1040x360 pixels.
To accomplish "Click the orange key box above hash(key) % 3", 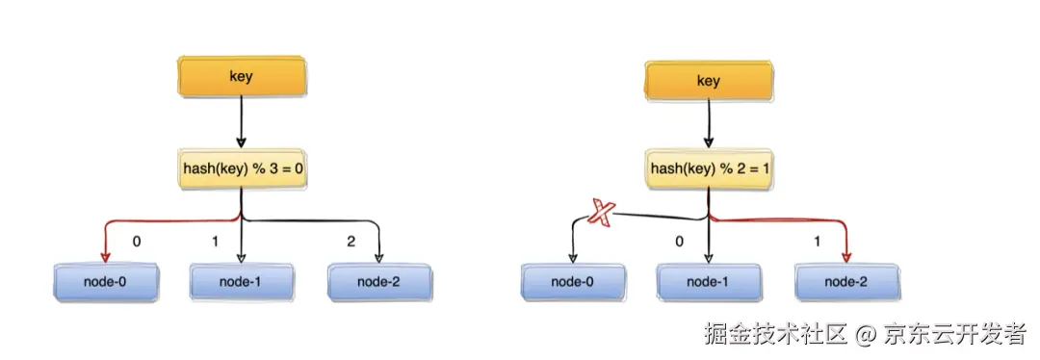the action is coord(242,77).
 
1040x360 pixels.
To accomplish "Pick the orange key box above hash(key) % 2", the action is coord(709,82).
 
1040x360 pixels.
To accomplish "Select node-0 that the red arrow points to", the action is coord(106,282).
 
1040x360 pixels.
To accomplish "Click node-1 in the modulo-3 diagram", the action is coord(242,282).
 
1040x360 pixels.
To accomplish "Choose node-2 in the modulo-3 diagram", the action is coord(378,282).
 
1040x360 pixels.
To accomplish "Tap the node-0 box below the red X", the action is coord(573,282).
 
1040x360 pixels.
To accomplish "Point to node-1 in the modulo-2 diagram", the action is coord(709,282).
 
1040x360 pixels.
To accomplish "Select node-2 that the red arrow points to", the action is coord(846,282).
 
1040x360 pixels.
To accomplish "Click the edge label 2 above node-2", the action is coord(351,242).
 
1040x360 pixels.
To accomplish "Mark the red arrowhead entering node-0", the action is coord(106,257).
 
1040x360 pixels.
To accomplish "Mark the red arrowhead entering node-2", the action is coord(846,257).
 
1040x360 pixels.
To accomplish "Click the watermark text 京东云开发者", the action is coord(955,333).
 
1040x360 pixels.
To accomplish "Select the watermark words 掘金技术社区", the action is coord(776,333).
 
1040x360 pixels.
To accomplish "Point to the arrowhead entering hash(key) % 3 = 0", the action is coord(242,141).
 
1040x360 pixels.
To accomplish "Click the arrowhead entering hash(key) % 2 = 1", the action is coord(709,141).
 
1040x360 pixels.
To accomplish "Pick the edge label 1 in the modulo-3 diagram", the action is coord(215,242).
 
